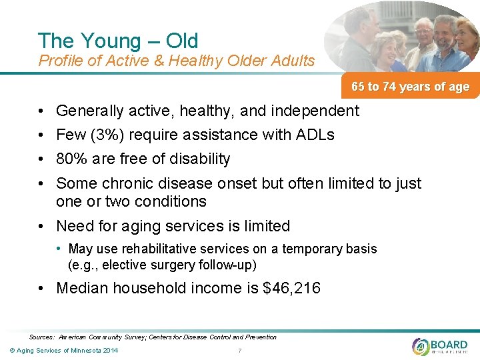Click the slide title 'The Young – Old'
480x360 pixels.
[118, 41]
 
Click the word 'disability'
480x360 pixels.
[200, 159]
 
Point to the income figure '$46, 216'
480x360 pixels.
[293, 288]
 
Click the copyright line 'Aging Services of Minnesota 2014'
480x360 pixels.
[64, 351]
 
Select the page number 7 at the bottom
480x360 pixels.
[239, 351]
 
